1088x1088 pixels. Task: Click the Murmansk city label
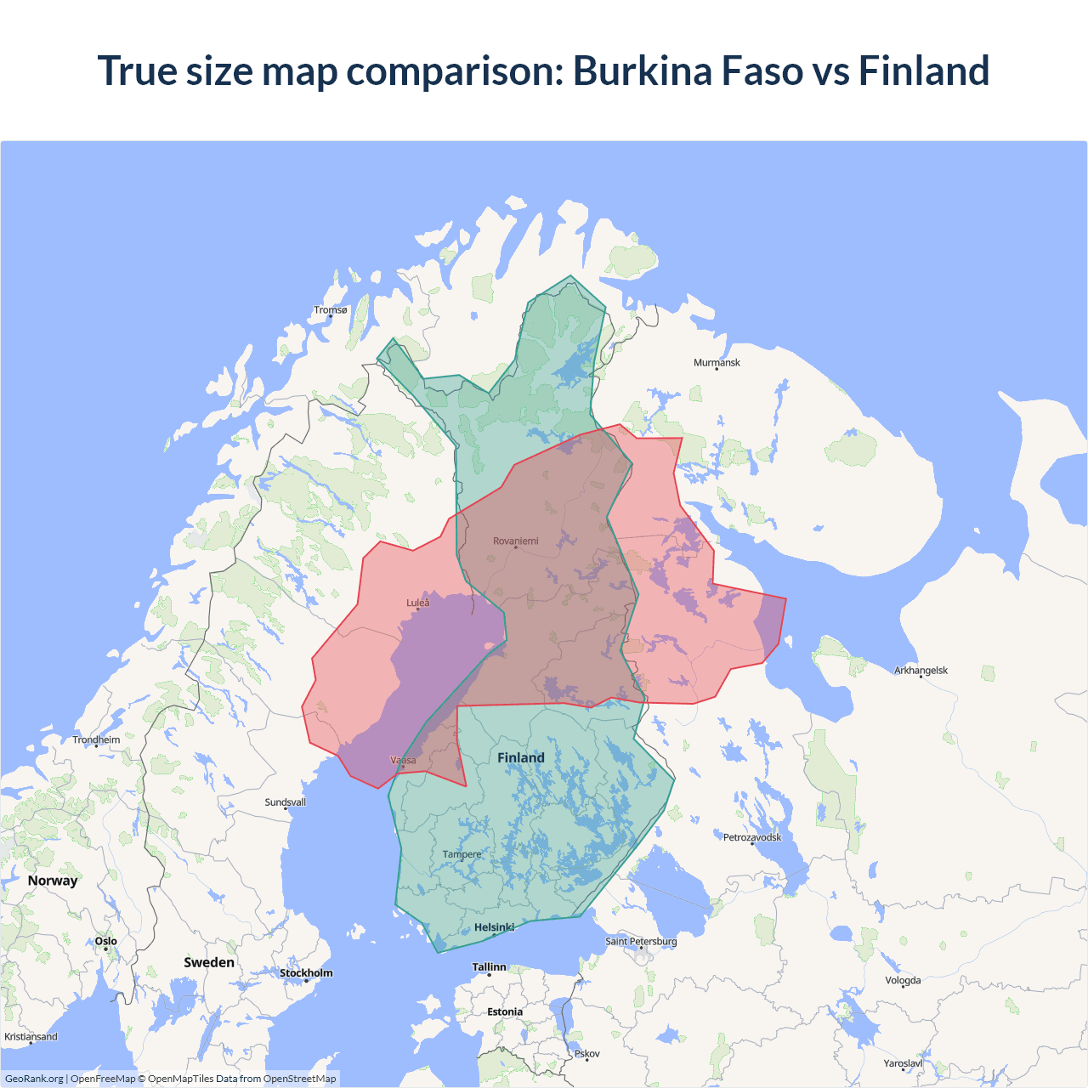click(x=717, y=363)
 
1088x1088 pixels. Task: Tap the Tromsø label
click(x=331, y=310)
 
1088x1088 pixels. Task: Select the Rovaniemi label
click(x=516, y=541)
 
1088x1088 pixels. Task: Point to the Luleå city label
click(x=418, y=603)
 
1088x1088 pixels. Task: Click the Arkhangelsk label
click(x=921, y=671)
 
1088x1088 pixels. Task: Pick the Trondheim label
click(x=96, y=740)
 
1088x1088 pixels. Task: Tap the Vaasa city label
click(x=403, y=761)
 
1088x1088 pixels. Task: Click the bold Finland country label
click(x=521, y=758)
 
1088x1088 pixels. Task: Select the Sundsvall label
click(x=286, y=802)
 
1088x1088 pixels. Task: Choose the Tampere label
click(x=462, y=855)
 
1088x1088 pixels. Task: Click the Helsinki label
click(x=495, y=928)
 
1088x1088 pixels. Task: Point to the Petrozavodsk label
click(x=752, y=838)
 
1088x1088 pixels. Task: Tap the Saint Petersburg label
click(x=641, y=942)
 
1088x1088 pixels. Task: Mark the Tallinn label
click(x=490, y=967)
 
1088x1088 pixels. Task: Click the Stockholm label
click(x=306, y=973)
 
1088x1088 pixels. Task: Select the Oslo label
click(x=106, y=942)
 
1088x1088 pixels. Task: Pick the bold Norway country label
click(x=53, y=881)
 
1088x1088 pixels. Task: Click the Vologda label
click(x=903, y=981)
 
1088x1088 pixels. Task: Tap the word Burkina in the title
click(x=642, y=71)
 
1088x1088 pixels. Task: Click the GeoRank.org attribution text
click(x=34, y=1079)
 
